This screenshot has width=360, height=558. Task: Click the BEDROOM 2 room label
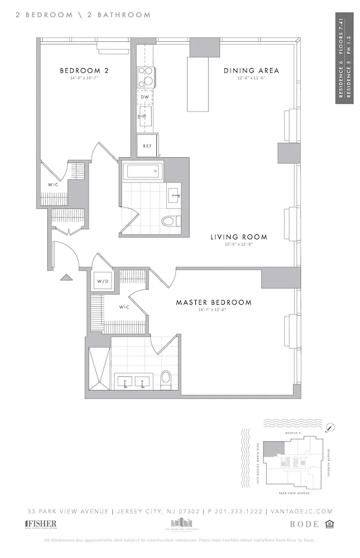[84, 71]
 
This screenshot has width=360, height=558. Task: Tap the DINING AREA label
[251, 71]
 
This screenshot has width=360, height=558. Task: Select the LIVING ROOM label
[238, 237]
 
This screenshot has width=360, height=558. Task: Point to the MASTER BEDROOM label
[214, 302]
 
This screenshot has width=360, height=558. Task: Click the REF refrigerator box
[147, 146]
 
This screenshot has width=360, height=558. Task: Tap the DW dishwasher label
[144, 96]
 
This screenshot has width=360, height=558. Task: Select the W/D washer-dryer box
[103, 281]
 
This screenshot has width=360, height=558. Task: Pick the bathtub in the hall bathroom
[141, 171]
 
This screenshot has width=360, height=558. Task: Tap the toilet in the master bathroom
[166, 381]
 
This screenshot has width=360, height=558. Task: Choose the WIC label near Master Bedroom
[124, 306]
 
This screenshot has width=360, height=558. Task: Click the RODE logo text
[305, 524]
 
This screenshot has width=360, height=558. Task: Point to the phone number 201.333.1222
[237, 511]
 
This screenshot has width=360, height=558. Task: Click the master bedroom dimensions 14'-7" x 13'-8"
[214, 310]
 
